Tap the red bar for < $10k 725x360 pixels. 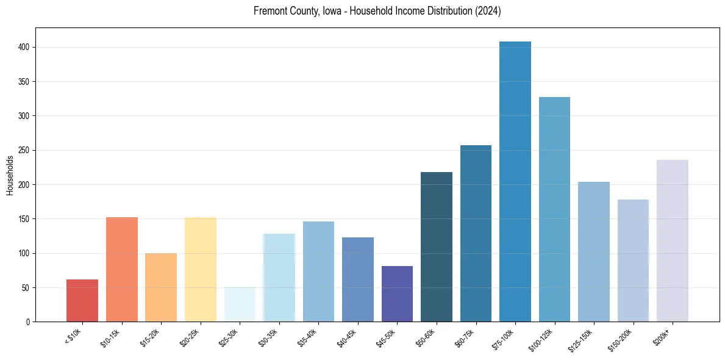(82, 300)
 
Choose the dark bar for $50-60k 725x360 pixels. (437, 247)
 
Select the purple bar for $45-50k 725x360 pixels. (397, 293)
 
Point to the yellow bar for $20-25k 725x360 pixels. (201, 269)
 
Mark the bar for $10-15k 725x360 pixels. (122, 269)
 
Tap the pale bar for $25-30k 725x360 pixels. (240, 304)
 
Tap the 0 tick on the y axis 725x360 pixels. (28, 322)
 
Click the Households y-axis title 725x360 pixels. (10, 175)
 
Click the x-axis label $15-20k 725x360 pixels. (151, 337)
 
